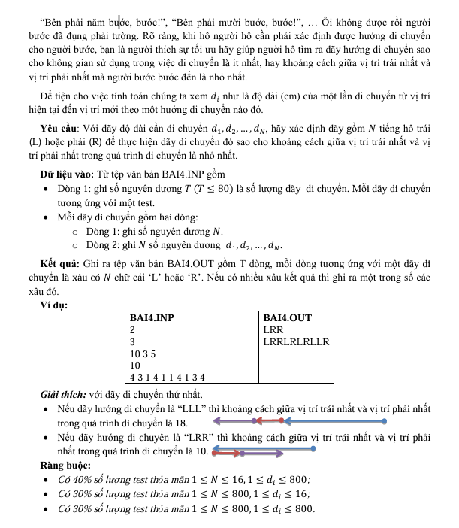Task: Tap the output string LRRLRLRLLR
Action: [297, 341]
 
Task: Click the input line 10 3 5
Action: [143, 353]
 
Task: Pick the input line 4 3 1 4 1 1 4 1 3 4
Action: [172, 376]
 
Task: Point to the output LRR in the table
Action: [273, 329]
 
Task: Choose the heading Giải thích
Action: [65, 395]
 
